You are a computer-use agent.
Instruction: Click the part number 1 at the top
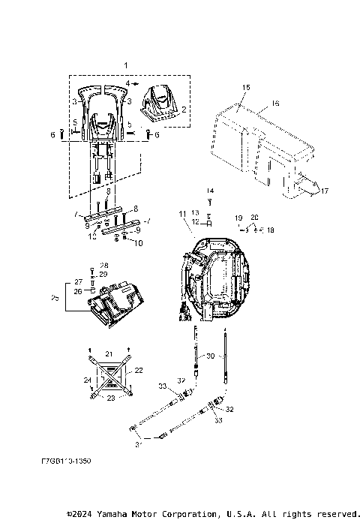[127, 66]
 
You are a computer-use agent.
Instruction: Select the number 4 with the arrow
[128, 83]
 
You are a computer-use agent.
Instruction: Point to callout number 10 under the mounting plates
[137, 244]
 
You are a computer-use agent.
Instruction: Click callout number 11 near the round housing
[181, 215]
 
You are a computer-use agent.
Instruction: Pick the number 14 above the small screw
[210, 191]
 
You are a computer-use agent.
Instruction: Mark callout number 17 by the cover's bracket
[325, 191]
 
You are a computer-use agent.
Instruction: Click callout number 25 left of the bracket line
[52, 299]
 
